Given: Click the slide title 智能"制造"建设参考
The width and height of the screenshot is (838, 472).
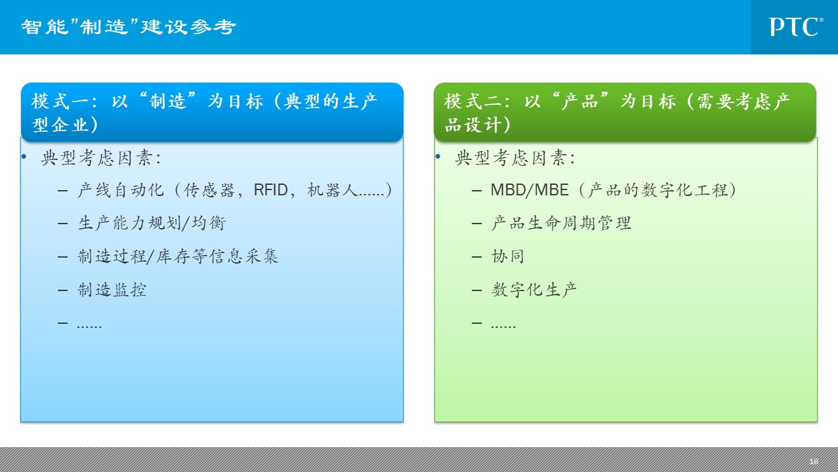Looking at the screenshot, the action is coord(129,27).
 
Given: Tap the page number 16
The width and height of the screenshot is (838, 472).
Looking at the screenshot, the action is coord(813,462).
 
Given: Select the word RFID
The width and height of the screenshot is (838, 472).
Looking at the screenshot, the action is coord(271,190).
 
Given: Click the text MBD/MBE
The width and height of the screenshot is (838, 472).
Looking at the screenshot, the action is coord(530,190).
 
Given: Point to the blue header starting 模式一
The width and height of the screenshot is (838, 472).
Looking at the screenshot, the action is coord(212,112).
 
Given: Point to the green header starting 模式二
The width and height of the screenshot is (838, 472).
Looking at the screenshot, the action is coord(625,112).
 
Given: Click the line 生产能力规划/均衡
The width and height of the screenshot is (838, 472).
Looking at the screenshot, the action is coord(152,223).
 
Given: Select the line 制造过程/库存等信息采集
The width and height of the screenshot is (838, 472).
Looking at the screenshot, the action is coord(178,256).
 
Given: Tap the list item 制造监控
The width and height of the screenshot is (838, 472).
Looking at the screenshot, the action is coord(112,290).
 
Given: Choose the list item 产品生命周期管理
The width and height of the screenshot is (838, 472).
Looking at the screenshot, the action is coord(561,223).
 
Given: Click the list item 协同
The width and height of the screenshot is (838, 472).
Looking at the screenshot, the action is coord(508,256).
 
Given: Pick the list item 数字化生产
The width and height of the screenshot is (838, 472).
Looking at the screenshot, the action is coord(534,290).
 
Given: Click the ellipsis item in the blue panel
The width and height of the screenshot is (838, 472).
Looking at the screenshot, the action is coord(89,326).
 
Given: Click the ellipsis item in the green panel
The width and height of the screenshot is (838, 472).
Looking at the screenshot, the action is coord(503,326).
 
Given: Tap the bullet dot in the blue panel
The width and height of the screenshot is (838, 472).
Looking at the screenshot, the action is coord(24,157).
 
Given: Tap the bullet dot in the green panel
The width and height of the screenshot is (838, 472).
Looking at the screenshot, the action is coord(438,157).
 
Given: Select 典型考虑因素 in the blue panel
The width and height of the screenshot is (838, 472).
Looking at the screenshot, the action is coord(96,158).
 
